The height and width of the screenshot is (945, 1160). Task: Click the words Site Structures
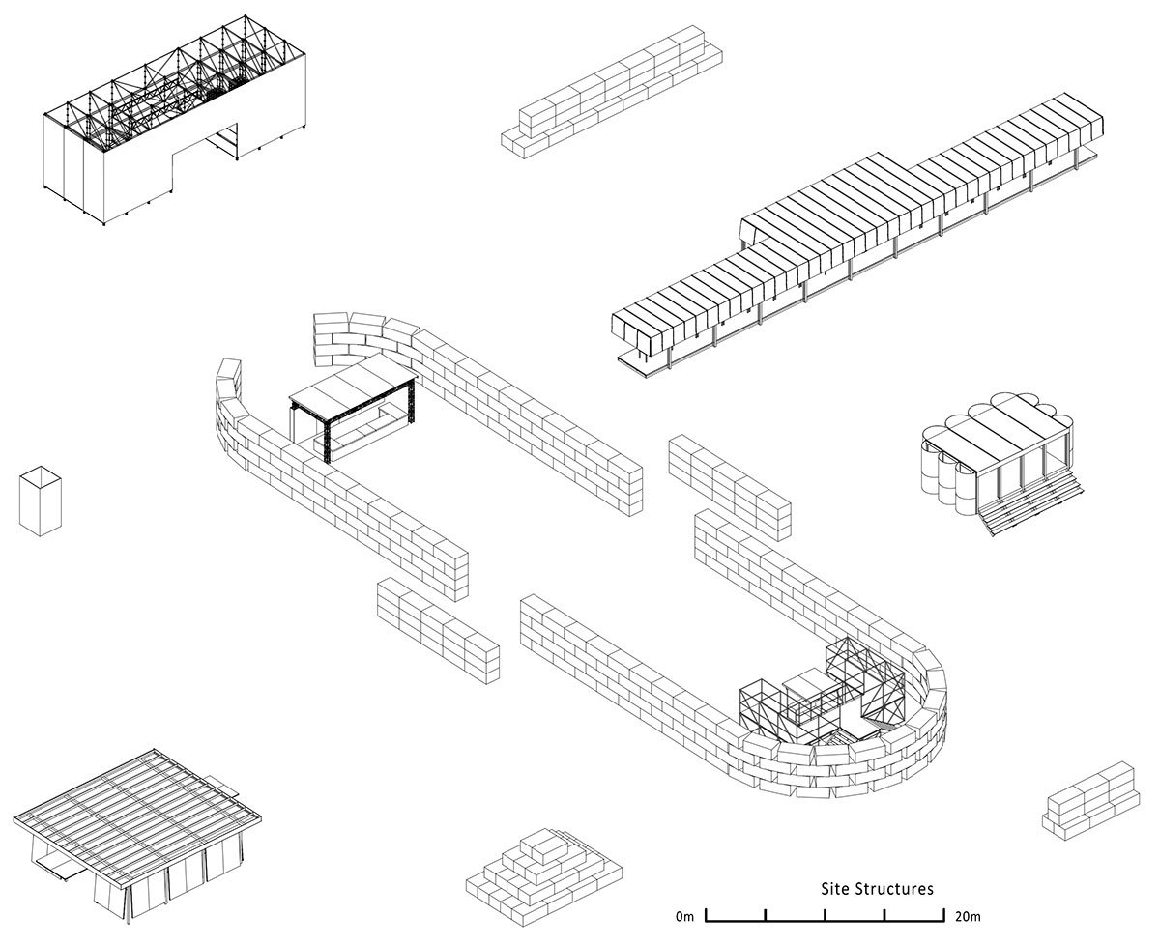pyautogui.click(x=877, y=888)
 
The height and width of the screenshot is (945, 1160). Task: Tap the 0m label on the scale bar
pyautogui.click(x=684, y=915)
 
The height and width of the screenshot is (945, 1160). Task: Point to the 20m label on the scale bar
pyautogui.click(x=968, y=915)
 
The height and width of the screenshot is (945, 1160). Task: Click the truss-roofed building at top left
pyautogui.click(x=174, y=135)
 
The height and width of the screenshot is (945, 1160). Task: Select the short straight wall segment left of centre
pyautogui.click(x=437, y=630)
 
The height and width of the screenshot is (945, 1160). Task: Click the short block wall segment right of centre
pyautogui.click(x=729, y=484)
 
